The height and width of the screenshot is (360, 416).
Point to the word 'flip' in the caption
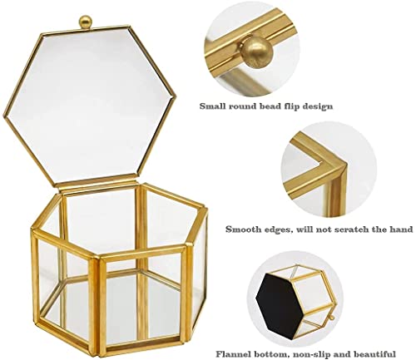coord(296,106)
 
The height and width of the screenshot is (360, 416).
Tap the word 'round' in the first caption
coord(244,106)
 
